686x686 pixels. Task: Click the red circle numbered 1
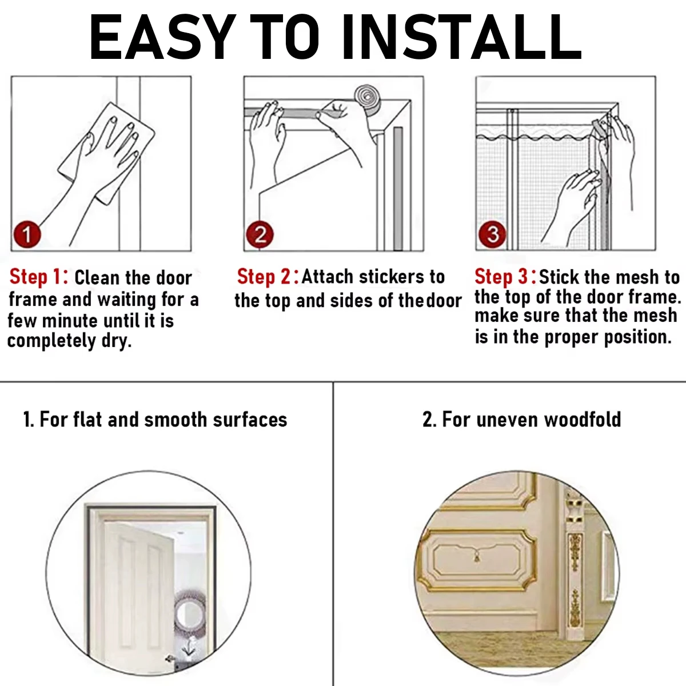coord(26,234)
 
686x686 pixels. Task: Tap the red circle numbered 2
coord(260,235)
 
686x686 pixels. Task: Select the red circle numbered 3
coord(493,234)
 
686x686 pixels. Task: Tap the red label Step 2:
coord(268,277)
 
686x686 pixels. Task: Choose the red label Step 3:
coord(505,277)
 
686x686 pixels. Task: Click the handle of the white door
coord(170,659)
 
